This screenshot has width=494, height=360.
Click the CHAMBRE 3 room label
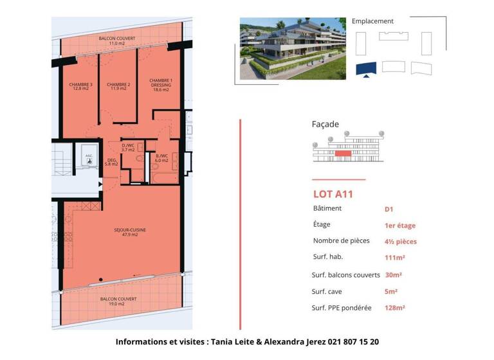coord(82,87)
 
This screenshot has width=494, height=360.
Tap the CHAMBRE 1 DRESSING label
coord(161,85)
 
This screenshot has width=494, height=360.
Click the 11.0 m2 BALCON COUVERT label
coord(117,41)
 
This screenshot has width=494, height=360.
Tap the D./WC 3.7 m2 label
coord(128,147)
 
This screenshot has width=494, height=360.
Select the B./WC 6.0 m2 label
coord(161,158)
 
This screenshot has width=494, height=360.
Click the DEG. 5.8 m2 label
coord(111,163)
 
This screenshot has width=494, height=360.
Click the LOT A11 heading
coord(333,194)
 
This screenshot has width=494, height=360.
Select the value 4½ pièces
coord(401,242)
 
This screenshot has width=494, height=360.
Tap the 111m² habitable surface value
coord(395,258)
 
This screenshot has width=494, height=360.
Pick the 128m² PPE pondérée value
coord(395,308)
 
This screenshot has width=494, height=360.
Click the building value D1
coord(389,209)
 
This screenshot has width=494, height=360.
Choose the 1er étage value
coord(400,226)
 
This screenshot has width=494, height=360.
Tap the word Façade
coord(325,124)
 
